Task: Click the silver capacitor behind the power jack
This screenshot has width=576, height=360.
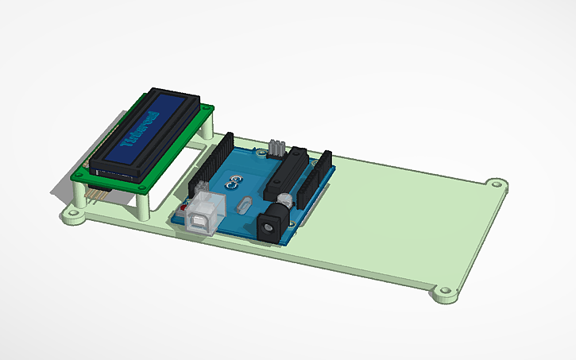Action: (282, 197)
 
